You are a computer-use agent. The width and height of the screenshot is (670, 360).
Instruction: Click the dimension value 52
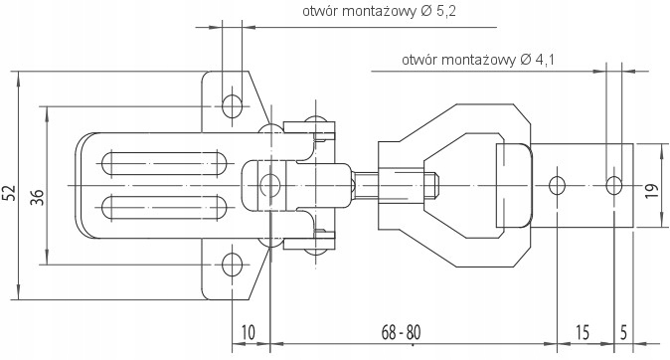coord(9,192)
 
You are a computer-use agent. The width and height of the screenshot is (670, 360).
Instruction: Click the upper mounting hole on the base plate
coord(232,104)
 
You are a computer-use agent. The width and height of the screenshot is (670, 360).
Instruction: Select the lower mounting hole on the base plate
coord(232,265)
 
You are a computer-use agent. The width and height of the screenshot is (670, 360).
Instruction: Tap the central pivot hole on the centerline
coord(268,185)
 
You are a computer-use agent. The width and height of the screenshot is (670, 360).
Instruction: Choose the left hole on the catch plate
coord(558,184)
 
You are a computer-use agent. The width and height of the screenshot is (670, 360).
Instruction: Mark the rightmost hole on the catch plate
coord(614,184)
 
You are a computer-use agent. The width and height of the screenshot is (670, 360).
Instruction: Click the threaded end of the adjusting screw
coord(432,185)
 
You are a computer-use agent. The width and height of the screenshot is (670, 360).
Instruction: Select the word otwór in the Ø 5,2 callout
coord(321,13)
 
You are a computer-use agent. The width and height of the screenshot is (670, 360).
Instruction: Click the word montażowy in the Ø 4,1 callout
coord(475,61)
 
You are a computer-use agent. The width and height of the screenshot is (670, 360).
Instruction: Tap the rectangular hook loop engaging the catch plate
coord(513,185)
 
